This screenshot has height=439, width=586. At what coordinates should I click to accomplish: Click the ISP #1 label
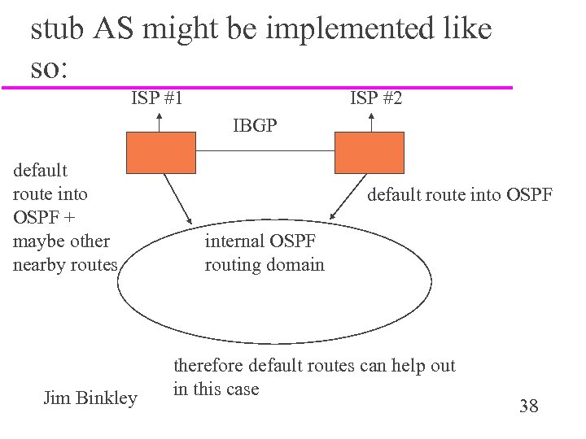click(157, 99)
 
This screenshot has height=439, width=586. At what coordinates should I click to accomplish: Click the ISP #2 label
click(375, 99)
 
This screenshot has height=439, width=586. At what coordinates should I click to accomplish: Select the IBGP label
click(254, 126)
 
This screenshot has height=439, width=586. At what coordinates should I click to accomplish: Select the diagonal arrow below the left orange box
click(177, 198)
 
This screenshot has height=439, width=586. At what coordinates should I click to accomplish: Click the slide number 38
click(528, 406)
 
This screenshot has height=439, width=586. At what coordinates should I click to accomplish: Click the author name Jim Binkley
click(90, 398)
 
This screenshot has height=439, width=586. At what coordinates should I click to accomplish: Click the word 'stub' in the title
click(59, 30)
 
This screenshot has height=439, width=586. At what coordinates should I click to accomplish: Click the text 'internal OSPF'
click(260, 241)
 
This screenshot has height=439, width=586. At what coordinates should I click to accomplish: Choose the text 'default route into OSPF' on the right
click(460, 194)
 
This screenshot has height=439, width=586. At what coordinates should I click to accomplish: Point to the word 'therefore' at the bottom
click(208, 366)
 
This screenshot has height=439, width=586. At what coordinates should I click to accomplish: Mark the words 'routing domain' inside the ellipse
click(265, 264)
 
